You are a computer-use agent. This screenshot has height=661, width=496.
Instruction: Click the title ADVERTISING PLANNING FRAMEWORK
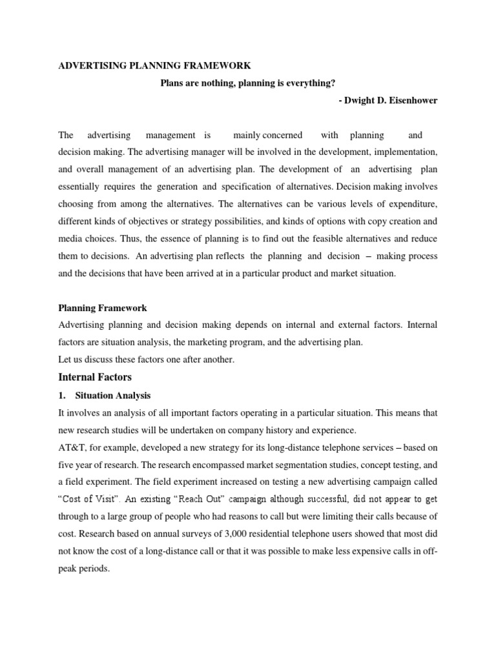(x=154, y=66)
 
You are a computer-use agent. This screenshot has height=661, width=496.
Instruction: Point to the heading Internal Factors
(x=95, y=376)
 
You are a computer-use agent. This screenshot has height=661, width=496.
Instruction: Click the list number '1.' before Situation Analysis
(x=63, y=395)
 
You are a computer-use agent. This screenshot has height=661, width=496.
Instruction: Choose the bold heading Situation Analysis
(x=116, y=395)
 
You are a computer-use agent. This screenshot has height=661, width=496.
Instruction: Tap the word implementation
(x=405, y=152)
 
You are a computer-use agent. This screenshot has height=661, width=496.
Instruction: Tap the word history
(x=276, y=430)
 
